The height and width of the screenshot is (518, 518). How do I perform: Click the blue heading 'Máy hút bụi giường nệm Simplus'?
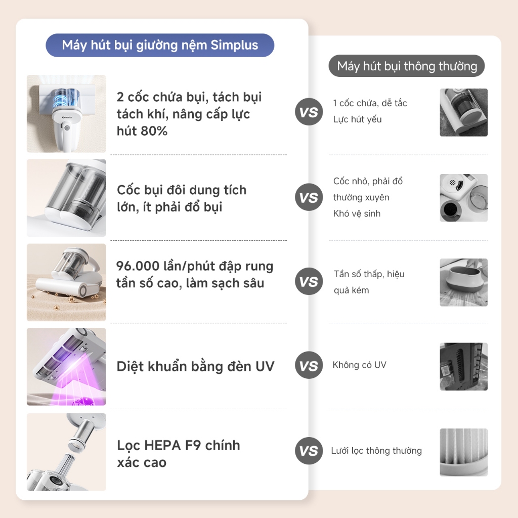tap(160, 45)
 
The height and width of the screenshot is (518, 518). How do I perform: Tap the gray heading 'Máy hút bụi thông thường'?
tap(407, 66)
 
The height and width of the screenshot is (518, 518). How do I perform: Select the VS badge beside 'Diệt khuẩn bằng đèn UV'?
tap(309, 365)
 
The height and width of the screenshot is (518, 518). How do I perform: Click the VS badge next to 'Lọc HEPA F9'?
tap(309, 451)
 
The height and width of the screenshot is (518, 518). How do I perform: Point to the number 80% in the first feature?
tap(155, 131)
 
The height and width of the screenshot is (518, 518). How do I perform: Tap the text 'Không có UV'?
tap(360, 365)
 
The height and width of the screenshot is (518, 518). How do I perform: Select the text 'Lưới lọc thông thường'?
tap(376, 451)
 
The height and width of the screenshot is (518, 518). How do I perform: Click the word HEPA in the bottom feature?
tap(163, 445)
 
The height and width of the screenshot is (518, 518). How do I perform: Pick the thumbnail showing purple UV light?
tap(66, 366)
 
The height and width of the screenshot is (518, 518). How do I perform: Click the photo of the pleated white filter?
tap(463, 452)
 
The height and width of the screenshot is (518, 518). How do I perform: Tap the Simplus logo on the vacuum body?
tap(67, 117)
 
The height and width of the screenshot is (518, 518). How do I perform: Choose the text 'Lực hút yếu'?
tap(358, 119)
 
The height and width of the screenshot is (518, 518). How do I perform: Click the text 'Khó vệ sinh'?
tap(357, 213)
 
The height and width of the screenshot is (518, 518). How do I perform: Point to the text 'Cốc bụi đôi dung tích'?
tap(182, 190)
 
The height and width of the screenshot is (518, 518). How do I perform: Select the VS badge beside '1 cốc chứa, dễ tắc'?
tap(309, 112)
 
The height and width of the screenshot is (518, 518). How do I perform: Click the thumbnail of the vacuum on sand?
tap(66, 282)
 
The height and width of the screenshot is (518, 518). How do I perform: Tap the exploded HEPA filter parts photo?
tap(66, 452)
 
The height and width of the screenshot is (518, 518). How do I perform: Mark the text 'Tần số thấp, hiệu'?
tap(369, 274)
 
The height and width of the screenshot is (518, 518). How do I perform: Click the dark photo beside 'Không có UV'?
tap(463, 366)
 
